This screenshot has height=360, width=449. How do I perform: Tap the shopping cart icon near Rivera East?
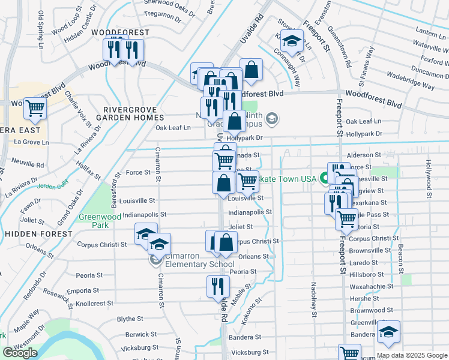[35, 109]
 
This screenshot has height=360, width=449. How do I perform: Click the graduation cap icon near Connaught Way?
[292, 42]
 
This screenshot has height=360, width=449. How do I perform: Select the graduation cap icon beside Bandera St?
[389, 332]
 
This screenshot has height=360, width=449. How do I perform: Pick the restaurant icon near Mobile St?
[218, 287]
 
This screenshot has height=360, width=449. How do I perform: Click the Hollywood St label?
[429, 179]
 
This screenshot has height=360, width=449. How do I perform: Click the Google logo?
[20, 353]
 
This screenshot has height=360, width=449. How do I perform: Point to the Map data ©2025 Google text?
[412, 355]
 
